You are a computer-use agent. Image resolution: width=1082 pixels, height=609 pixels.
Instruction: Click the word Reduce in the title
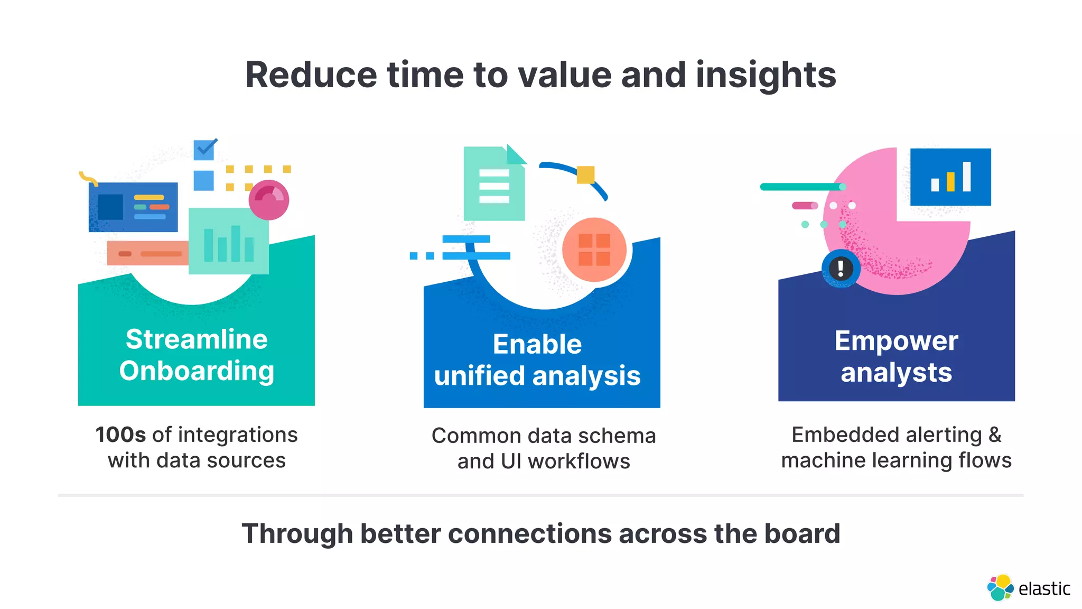coord(311,75)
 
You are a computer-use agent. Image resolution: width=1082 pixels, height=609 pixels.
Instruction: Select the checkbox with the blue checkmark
coord(204,149)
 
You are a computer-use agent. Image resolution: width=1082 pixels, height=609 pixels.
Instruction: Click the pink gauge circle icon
coord(269,200)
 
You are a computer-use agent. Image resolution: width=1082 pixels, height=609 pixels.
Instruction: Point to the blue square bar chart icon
coord(950,177)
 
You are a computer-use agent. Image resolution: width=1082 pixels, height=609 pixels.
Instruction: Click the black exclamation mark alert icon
coord(841,269)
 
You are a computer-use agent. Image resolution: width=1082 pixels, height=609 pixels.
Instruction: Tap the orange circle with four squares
coord(594,250)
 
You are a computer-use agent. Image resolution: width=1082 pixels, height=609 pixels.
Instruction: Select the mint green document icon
coord(494,185)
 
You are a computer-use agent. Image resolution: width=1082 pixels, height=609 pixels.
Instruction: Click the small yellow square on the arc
coord(585,174)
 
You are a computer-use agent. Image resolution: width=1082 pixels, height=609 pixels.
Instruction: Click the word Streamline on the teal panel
coord(197,339)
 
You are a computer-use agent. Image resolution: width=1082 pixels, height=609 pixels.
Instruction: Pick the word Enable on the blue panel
coord(537,345)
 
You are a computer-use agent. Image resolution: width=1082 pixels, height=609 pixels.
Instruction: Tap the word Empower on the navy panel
coord(896,341)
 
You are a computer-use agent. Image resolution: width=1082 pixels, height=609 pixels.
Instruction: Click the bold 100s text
coord(120,435)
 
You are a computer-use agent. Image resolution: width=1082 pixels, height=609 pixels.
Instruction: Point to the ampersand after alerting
coord(995,435)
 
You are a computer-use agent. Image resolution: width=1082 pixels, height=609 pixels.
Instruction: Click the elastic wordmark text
coord(1044,589)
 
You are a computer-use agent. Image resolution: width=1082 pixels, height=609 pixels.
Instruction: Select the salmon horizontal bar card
coord(148,254)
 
